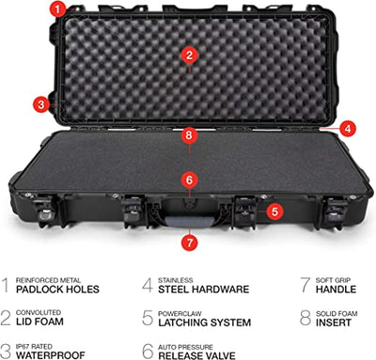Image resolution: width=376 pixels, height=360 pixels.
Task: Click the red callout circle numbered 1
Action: point(57,9)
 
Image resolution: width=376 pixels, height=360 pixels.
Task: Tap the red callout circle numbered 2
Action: point(189,55)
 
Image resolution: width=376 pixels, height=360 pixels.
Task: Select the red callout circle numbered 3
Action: point(41,104)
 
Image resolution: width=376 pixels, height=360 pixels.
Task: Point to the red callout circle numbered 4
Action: point(348,128)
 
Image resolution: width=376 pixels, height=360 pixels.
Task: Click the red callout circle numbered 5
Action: point(274,211)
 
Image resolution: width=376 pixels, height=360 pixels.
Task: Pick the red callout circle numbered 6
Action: point(189,180)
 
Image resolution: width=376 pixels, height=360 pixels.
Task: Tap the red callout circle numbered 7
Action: point(189,243)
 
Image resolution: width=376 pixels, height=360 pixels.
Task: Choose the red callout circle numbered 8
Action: point(189,135)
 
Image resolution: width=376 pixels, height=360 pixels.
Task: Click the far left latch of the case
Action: point(45,210)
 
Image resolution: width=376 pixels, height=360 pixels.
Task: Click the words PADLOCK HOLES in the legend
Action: point(57,290)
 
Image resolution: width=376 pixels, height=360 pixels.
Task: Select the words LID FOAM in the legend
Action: point(39,321)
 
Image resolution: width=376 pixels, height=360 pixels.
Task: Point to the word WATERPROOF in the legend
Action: point(51,355)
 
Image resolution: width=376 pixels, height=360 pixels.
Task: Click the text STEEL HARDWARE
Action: point(204,290)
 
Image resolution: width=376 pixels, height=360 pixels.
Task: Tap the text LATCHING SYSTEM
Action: point(205,322)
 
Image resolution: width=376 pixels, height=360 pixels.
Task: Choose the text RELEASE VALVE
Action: point(197,355)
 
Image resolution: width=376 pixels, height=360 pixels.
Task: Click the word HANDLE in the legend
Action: point(337,290)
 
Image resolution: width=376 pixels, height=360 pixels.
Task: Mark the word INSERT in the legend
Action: point(334,322)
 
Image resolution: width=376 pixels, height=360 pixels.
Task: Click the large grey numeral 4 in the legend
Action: point(148,285)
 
